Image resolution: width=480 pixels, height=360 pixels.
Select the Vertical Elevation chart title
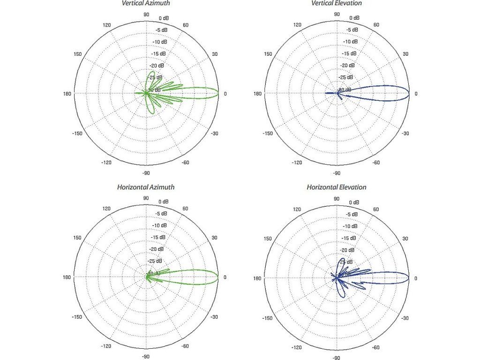tap(337, 3)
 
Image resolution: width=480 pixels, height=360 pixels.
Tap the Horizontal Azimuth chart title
tap(146, 187)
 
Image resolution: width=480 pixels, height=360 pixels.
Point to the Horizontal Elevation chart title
tap(337, 187)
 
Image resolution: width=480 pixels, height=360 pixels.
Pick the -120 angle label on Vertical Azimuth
tap(106, 163)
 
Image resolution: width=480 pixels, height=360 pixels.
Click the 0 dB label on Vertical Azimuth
tap(164, 18)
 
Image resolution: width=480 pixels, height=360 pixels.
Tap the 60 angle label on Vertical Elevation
tap(376, 25)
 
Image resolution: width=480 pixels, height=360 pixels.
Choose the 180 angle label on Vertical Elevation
tap(256, 94)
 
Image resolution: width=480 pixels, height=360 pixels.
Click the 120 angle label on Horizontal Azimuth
tap(106, 209)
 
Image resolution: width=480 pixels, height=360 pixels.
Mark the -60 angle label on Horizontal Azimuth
tap(186, 346)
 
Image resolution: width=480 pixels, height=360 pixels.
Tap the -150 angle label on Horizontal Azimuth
tap(78, 317)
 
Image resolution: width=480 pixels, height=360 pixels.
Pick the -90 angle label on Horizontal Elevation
tap(337, 358)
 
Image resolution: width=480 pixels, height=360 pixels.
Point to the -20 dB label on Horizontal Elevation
tap(350, 250)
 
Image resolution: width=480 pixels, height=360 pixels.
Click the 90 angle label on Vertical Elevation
tap(337, 14)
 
